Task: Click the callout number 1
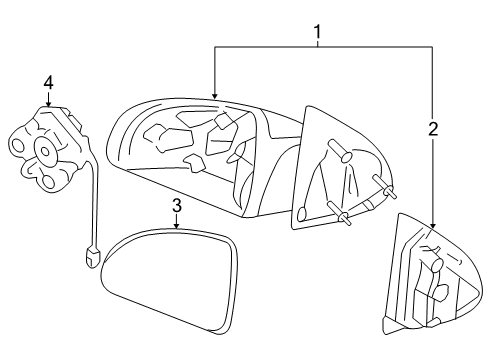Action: (x=318, y=33)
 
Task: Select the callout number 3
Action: (x=176, y=206)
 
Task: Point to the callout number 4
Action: (x=47, y=82)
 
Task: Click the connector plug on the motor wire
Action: (x=91, y=259)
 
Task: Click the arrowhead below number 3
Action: (x=176, y=227)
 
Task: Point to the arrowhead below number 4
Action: (x=47, y=103)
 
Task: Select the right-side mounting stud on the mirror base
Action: (x=384, y=183)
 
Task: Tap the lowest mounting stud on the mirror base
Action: (x=343, y=215)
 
